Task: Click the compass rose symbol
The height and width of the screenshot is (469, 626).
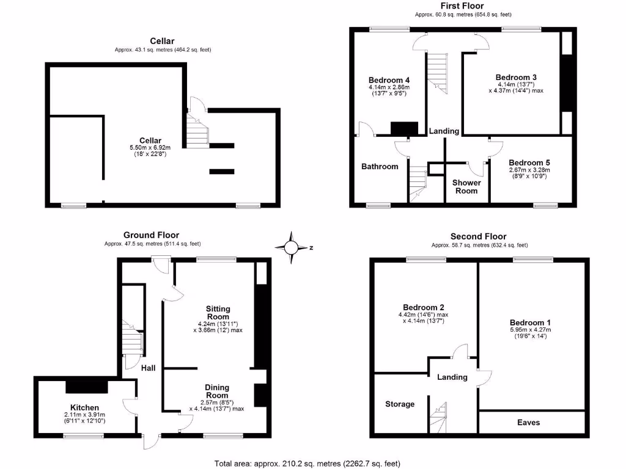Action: tap(292, 247)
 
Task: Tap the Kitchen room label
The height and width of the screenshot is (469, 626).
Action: tap(84, 407)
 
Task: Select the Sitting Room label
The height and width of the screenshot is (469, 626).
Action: tap(218, 313)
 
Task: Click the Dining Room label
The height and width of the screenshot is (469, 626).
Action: tap(217, 391)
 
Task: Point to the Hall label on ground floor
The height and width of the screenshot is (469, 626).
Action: tap(147, 368)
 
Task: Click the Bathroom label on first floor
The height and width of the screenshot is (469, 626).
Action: tap(380, 166)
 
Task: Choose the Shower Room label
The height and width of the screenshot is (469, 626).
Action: tap(466, 186)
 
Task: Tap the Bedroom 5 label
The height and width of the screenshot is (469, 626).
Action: tap(529, 162)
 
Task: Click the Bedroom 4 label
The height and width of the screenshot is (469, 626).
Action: tap(389, 80)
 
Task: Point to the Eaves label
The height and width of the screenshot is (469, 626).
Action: tap(528, 423)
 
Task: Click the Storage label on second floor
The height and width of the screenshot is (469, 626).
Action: tap(400, 404)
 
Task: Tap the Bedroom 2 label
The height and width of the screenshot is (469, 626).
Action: tap(423, 307)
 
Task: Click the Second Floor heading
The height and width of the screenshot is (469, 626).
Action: tap(478, 237)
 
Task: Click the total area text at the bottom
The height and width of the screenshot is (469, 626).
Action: tap(307, 463)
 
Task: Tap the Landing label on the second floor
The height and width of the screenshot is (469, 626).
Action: tap(452, 377)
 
